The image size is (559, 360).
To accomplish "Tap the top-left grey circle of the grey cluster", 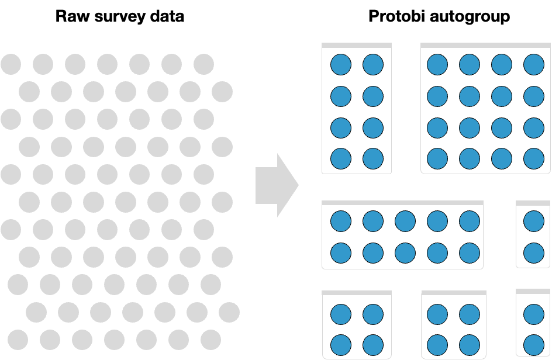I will click(x=11, y=64).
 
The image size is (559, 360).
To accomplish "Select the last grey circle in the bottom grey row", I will click(x=211, y=340).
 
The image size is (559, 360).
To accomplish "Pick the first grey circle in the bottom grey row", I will click(x=18, y=340).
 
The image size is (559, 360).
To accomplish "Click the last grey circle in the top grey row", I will click(x=203, y=64).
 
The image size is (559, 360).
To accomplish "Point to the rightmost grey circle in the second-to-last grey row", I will click(x=229, y=312).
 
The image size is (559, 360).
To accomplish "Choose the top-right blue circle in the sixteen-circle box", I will click(x=533, y=64).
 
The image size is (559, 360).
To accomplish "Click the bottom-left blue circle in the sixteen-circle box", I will click(x=437, y=158).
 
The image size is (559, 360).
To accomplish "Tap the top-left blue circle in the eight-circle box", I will click(x=341, y=64).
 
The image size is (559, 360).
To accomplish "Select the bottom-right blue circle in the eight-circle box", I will click(x=373, y=158).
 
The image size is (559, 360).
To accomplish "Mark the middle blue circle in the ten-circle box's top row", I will click(x=405, y=221).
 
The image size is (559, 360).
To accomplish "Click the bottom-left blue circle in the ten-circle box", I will click(x=341, y=253).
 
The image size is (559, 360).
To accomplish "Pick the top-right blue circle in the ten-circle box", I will click(x=470, y=221).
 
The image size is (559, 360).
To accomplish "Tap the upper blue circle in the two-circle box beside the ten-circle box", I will click(x=533, y=221).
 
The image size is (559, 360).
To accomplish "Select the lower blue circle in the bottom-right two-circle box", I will click(x=533, y=344).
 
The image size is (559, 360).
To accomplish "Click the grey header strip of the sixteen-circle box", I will click(x=485, y=45).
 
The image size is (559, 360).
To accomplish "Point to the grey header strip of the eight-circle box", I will click(x=357, y=45).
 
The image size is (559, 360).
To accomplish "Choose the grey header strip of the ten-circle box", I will click(x=402, y=203).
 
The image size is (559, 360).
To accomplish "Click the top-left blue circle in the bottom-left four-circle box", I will click(x=341, y=314).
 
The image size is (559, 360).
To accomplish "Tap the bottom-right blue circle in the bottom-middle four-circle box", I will click(x=470, y=344).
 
